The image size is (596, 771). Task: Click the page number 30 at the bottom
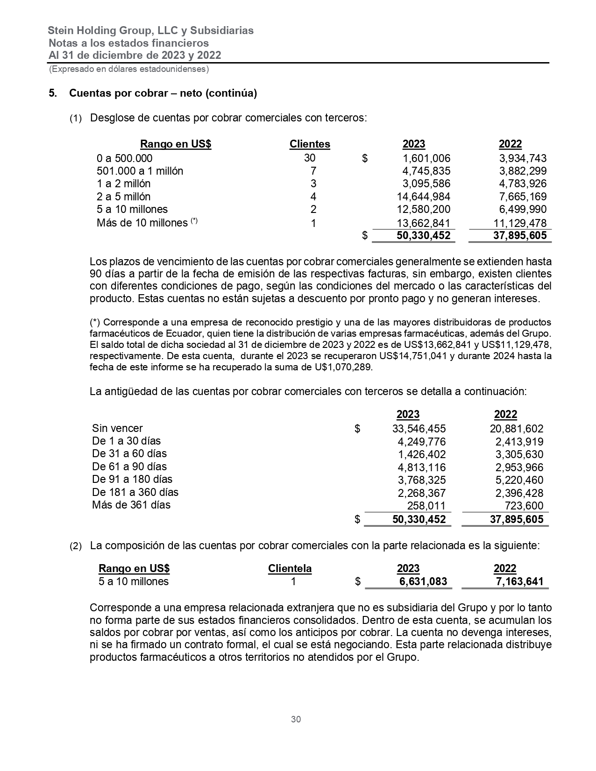click(x=296, y=719)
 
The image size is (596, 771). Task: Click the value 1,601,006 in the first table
click(x=426, y=158)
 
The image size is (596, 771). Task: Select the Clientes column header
click(x=310, y=144)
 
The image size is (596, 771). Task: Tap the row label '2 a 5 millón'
click(x=124, y=197)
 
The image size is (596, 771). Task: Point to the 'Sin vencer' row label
click(x=117, y=428)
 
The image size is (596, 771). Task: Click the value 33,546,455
click(x=419, y=429)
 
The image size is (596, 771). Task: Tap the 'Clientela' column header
click(x=290, y=569)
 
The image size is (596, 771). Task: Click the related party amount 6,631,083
click(x=423, y=581)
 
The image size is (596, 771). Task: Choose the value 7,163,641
click(x=520, y=581)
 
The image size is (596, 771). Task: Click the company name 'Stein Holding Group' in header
click(x=100, y=31)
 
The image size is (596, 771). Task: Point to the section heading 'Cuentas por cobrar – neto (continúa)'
click(x=163, y=93)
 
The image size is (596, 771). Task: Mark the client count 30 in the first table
click(x=310, y=158)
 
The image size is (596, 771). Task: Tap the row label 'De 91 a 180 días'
click(x=132, y=479)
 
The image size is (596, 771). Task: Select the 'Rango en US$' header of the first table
click(x=176, y=144)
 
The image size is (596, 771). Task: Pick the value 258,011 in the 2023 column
click(x=426, y=505)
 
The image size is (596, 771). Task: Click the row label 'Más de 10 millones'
click(x=142, y=223)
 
